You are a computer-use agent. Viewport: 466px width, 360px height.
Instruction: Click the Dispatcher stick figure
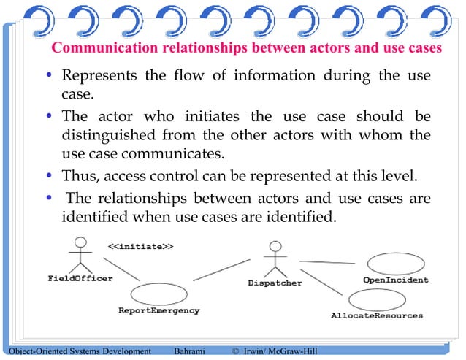pos(274,258)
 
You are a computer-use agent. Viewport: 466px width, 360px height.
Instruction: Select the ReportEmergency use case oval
pos(159,294)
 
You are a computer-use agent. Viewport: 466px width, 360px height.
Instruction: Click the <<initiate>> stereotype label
pos(140,246)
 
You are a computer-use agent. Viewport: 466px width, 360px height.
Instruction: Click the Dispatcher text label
pos(275,283)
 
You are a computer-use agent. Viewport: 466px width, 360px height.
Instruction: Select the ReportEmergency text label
pos(159,310)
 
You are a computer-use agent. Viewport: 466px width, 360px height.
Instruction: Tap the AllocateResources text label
pos(377,315)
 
